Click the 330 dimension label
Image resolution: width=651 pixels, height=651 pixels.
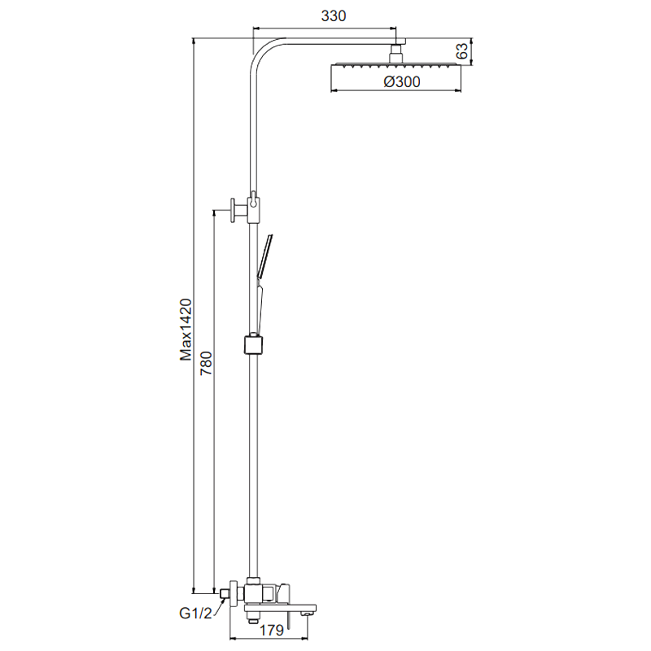click(x=334, y=15)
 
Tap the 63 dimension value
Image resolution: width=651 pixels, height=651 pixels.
click(x=462, y=51)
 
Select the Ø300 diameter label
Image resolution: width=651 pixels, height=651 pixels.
click(x=402, y=81)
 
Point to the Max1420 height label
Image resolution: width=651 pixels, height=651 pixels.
click(x=186, y=330)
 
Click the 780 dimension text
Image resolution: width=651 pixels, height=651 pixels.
click(x=207, y=363)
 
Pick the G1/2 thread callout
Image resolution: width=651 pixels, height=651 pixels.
click(x=195, y=614)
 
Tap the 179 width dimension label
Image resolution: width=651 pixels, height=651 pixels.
click(x=272, y=630)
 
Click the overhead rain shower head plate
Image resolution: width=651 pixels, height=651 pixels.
click(x=395, y=65)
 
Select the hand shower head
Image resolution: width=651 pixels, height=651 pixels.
click(x=265, y=256)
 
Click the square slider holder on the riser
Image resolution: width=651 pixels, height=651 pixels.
click(x=253, y=345)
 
